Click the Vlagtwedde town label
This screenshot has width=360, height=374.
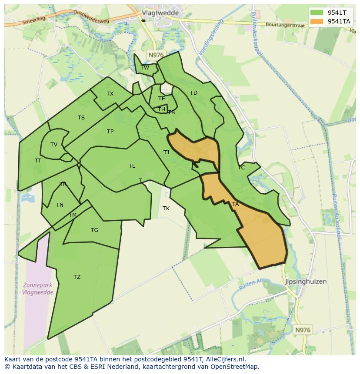[160, 13]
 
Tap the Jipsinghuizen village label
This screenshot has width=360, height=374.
[306, 281]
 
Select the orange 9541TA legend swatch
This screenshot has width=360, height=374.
[317, 21]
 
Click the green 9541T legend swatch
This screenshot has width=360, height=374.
[317, 13]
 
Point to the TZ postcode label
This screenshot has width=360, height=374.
[77, 277]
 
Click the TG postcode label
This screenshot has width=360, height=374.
[94, 230]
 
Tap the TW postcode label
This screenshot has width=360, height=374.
[145, 67]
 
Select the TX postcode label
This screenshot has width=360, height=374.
[110, 94]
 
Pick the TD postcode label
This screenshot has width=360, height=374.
[193, 93]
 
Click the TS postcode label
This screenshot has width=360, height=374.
[81, 118]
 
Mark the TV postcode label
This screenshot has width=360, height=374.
[54, 145]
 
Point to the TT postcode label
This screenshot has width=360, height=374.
[38, 161]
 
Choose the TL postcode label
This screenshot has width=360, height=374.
[132, 166]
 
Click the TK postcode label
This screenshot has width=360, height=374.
[166, 209]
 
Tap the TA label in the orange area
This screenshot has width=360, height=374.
[235, 204]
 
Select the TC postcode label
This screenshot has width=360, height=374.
[241, 168]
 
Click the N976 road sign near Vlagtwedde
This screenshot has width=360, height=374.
[155, 55]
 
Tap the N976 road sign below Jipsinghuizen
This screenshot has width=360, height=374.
[302, 330]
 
